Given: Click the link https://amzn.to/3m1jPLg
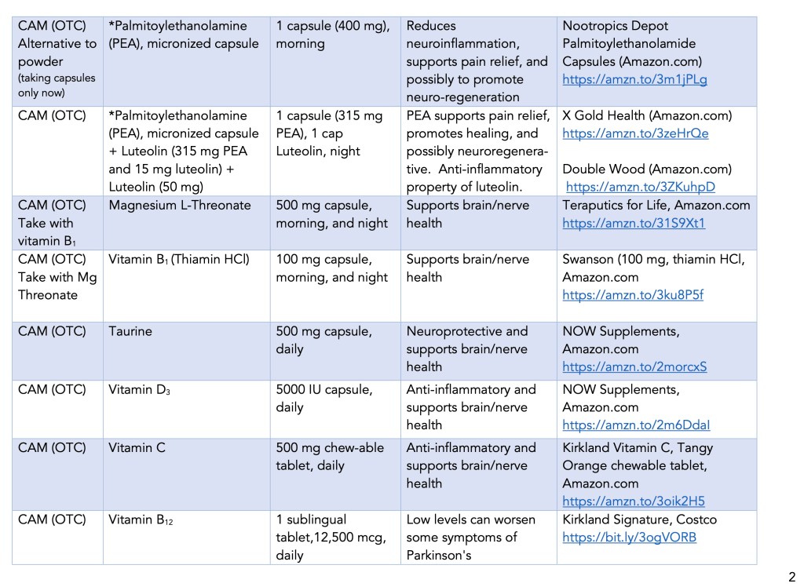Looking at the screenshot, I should coord(624,79).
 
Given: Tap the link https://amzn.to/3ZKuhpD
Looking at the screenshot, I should coord(640,187).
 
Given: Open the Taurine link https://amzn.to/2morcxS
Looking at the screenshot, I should coord(634,366).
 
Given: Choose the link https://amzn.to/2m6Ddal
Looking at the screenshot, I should coord(636,425).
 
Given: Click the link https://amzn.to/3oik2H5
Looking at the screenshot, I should coord(633,501).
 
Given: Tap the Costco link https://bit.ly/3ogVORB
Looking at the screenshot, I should coord(629,538).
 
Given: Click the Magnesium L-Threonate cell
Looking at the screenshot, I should coord(180,206).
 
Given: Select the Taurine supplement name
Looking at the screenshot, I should coord(130,331).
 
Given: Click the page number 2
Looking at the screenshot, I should coord(791,574).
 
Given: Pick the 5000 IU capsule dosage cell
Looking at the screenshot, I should coord(324,390).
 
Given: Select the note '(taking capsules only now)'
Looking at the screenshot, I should coord(57,86).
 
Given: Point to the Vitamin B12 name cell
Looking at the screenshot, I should coord(141,520).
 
